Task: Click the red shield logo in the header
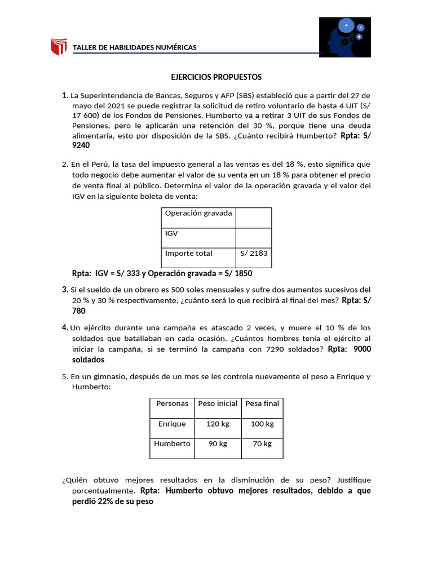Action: coord(59,47)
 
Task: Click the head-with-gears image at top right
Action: coord(345,37)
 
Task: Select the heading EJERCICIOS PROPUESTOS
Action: coord(216,77)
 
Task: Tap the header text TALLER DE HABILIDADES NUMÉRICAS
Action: coord(135,47)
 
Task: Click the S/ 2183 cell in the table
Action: coord(254,254)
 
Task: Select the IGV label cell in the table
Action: coord(171,233)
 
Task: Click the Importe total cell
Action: coord(188,254)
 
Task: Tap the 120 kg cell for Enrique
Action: coord(218,424)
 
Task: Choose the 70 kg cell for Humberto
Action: coord(262,444)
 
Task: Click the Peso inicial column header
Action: coord(218,403)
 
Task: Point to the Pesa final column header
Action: coord(262,403)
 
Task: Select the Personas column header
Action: coord(172,403)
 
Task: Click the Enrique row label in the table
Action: coord(172,424)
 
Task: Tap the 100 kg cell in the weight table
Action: coord(262,424)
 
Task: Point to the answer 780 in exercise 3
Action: coord(78,310)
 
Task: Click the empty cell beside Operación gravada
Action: coord(254,217)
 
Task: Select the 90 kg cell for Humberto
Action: coord(218,444)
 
